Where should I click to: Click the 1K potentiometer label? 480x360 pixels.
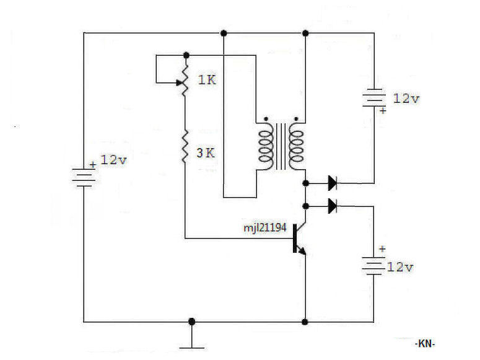(x=207, y=80)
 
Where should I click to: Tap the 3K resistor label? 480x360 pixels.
(x=206, y=152)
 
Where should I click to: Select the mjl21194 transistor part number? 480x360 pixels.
(x=265, y=227)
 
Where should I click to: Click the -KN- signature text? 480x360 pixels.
(x=425, y=343)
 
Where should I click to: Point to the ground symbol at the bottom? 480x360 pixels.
(x=191, y=341)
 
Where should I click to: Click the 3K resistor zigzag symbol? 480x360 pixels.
(x=185, y=146)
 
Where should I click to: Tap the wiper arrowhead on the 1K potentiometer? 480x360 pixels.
(x=180, y=82)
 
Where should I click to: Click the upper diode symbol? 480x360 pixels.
(x=333, y=183)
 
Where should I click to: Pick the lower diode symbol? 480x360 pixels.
(x=333, y=206)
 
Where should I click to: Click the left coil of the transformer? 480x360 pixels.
(x=266, y=146)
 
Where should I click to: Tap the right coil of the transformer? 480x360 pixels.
(x=296, y=146)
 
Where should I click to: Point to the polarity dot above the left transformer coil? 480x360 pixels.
(x=266, y=119)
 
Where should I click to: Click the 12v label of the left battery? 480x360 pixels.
(x=113, y=160)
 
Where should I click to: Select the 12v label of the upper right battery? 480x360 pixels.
(x=406, y=99)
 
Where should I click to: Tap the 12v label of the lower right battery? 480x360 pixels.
(x=400, y=267)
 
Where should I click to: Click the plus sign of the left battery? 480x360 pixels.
(x=93, y=165)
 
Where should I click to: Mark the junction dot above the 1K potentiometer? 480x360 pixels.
(x=186, y=55)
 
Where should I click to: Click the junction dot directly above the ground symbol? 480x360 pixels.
(x=191, y=322)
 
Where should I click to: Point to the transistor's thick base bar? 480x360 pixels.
(x=295, y=239)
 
